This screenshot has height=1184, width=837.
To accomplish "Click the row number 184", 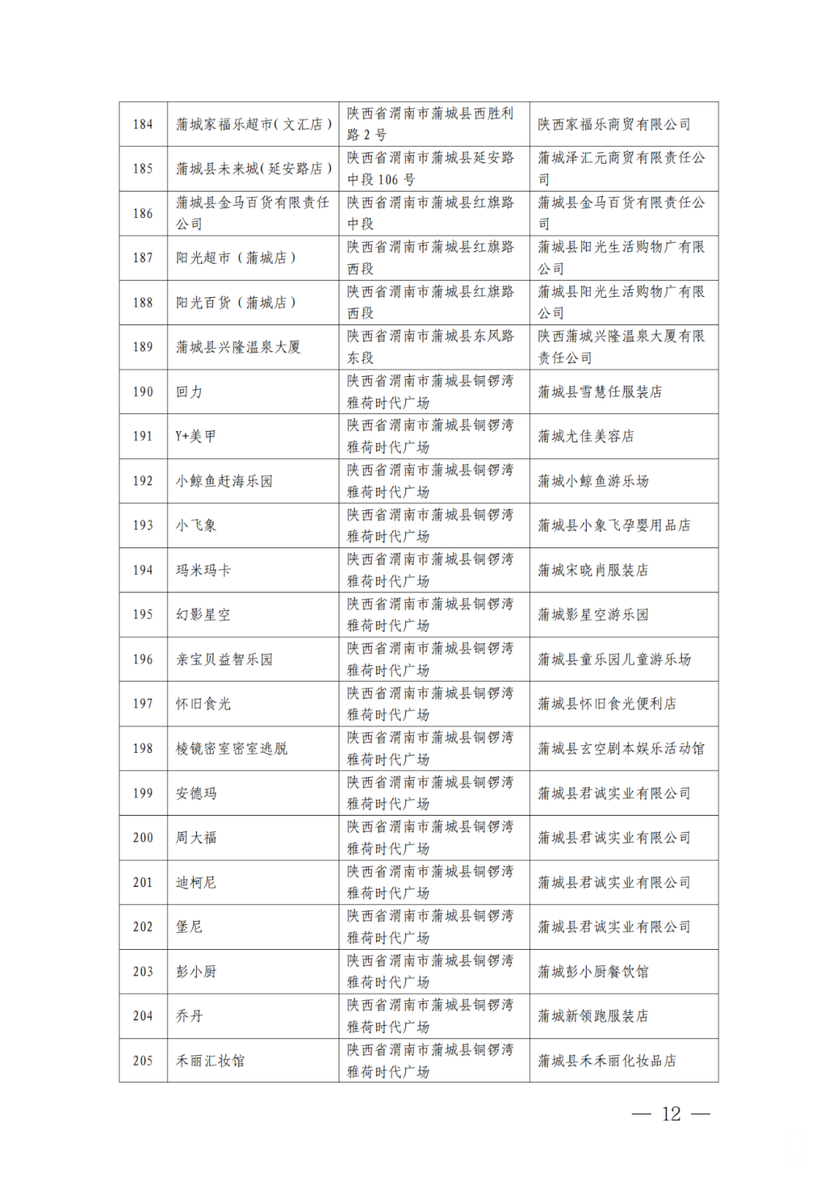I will [x=143, y=124].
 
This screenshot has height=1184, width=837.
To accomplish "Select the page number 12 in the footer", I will [x=671, y=1114].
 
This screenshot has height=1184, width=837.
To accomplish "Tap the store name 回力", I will [x=189, y=392].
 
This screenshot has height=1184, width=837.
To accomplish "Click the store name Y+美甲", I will [x=195, y=437].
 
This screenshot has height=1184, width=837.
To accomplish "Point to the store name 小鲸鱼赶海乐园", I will [x=224, y=481].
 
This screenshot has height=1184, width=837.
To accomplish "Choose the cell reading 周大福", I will [x=196, y=837].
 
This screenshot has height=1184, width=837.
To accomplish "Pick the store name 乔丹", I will [x=189, y=1016].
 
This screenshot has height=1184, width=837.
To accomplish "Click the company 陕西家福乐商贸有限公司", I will [x=614, y=124].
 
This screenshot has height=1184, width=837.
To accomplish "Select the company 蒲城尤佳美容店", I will [x=586, y=437].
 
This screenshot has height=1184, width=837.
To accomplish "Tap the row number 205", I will [x=143, y=1061].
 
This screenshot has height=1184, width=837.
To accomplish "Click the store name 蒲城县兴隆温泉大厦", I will [x=238, y=347].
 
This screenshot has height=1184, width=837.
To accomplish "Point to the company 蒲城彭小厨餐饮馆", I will [x=593, y=972].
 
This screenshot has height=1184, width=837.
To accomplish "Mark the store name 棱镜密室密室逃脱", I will [x=231, y=748].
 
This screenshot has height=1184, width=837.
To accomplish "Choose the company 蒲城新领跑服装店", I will [x=593, y=1016].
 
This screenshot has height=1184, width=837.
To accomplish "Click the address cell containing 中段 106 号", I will [x=431, y=168].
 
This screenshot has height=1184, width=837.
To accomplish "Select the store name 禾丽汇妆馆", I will [x=210, y=1061].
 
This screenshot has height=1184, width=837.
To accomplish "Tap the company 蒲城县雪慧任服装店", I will [x=600, y=392].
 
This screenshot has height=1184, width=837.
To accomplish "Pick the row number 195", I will [x=143, y=615].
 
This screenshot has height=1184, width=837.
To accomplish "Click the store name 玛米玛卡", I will [x=203, y=570].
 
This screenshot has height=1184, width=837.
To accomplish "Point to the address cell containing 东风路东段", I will [x=431, y=347].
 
